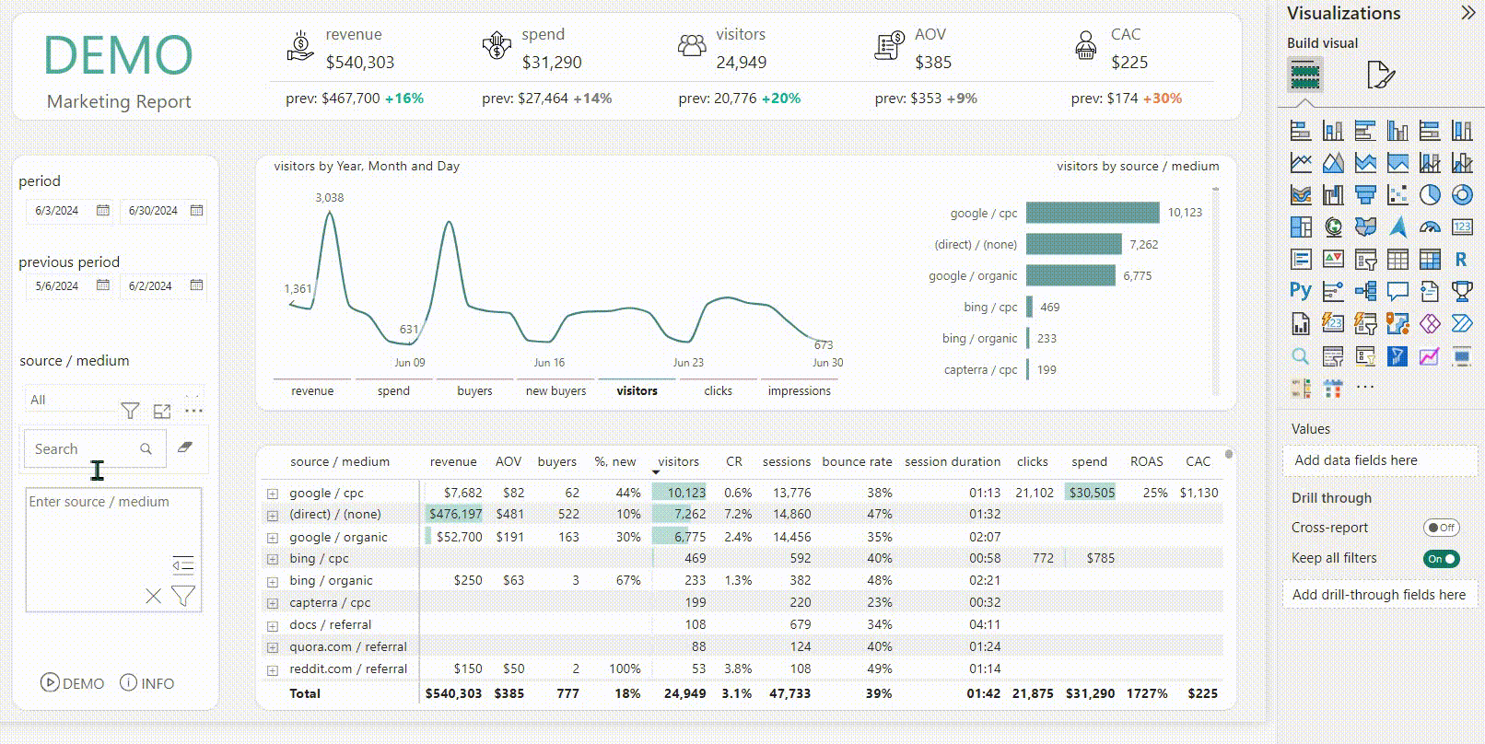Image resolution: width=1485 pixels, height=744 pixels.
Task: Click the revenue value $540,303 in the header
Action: [x=359, y=63]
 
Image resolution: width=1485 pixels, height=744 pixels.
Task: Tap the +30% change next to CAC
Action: [x=1162, y=99]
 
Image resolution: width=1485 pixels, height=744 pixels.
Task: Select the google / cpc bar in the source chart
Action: [x=1092, y=213]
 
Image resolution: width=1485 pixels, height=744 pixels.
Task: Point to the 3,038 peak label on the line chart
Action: [x=329, y=198]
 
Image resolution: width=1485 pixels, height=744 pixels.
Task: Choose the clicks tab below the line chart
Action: [x=718, y=391]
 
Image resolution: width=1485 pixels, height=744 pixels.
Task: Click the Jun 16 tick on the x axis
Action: [x=549, y=363]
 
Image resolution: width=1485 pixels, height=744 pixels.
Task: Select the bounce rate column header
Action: [x=857, y=462]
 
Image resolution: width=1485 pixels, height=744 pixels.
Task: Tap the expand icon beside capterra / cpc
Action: [x=273, y=604]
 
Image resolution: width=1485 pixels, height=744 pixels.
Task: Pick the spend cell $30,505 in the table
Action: [x=1092, y=494]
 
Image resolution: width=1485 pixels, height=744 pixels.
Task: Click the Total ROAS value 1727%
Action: [x=1146, y=693]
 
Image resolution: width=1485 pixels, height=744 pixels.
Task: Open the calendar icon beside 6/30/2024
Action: [x=196, y=211]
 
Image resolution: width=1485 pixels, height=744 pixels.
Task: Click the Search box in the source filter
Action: [x=88, y=449]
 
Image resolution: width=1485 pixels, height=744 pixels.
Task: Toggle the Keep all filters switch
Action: [x=1441, y=559]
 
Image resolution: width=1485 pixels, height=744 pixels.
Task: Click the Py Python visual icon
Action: [x=1300, y=292]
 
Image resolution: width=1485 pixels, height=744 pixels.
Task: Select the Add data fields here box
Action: [x=1379, y=460]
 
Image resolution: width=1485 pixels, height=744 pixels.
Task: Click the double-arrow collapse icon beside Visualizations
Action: [x=1467, y=13]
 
